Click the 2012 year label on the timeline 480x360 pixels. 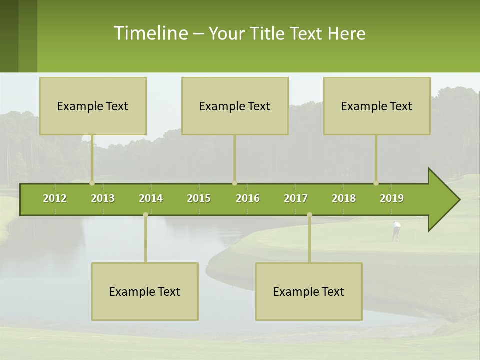pos(55,198)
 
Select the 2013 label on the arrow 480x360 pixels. pos(103,198)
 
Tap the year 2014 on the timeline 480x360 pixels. pos(151,198)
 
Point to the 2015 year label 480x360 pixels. pos(199,198)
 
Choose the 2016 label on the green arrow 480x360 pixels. pos(248,198)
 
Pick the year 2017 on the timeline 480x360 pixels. pos(296,198)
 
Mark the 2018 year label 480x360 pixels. pos(344,198)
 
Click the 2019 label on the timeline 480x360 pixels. pos(392,198)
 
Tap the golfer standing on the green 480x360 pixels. pos(396,230)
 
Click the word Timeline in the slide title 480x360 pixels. pos(150,33)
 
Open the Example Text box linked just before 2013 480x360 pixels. pos(93,106)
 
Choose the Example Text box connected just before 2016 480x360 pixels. pos(235,106)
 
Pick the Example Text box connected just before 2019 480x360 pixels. pos(377,106)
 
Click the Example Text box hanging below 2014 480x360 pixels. pos(145,291)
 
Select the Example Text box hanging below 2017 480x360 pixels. pos(309,291)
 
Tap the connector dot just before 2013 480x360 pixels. pos(92,183)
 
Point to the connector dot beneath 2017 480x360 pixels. pos(309,215)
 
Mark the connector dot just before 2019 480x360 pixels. pos(376,183)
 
